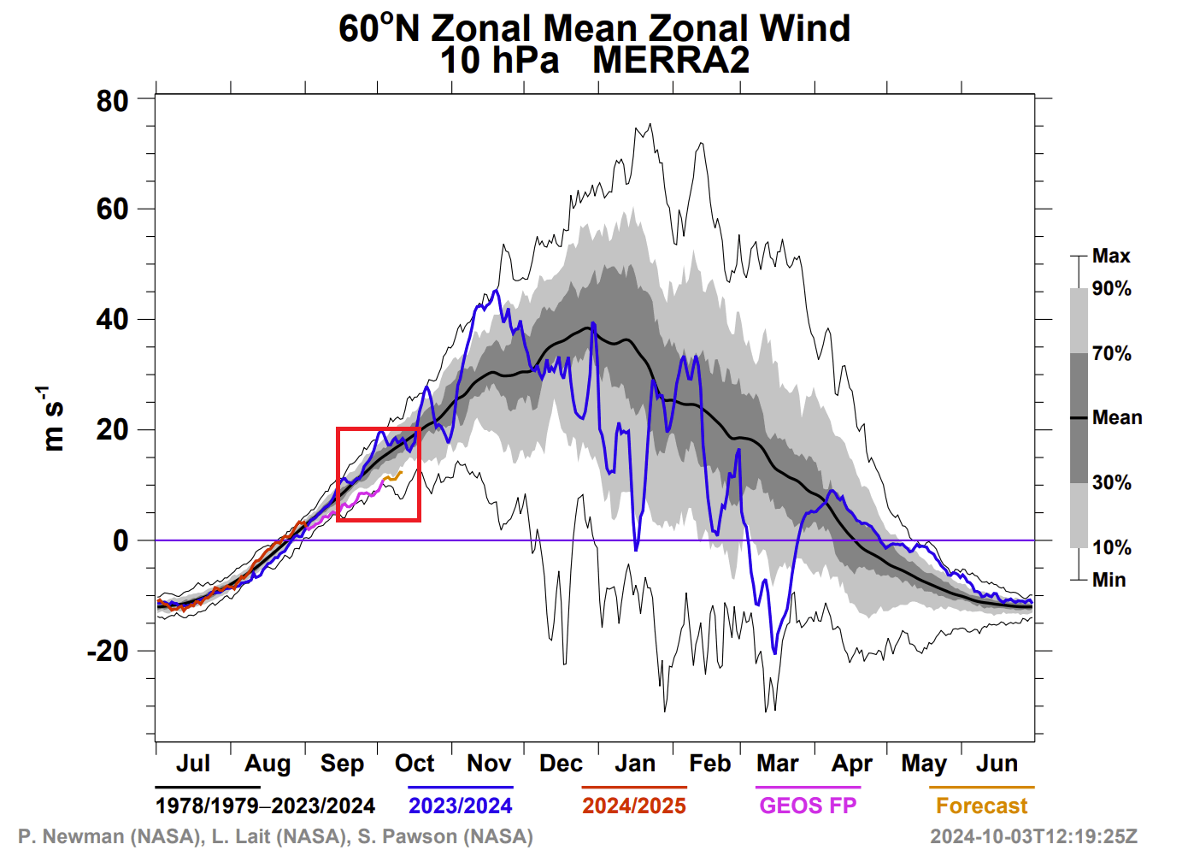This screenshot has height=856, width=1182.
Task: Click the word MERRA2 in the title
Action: pos(671,61)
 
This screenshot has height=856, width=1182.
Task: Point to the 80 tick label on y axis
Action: pos(112,101)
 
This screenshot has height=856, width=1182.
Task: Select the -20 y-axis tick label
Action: pos(108,651)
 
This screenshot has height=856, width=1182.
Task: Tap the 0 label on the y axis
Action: pos(121,540)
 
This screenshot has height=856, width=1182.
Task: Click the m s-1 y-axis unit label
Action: pos(52,418)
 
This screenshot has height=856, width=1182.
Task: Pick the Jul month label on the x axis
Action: pos(193,763)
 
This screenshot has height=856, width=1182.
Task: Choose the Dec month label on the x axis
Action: pos(561,763)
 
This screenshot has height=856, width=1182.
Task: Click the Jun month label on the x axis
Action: pos(997,763)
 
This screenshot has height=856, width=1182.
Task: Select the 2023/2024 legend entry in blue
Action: pos(460,806)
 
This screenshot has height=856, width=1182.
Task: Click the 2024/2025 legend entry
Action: pos(634,806)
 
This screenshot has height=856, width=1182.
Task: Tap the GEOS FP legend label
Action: pos(808,806)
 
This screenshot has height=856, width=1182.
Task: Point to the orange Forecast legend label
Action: pos(981,806)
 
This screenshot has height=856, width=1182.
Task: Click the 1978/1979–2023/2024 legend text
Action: pos(265,806)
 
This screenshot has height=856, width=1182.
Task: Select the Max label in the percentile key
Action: pos(1111,256)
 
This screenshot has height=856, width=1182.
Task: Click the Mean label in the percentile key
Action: pos(1117,417)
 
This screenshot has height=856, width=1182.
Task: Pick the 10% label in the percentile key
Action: pos(1111,547)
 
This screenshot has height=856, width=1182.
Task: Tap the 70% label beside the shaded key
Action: pos(1111,353)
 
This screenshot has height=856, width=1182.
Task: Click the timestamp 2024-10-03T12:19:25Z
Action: pos(1033,836)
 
